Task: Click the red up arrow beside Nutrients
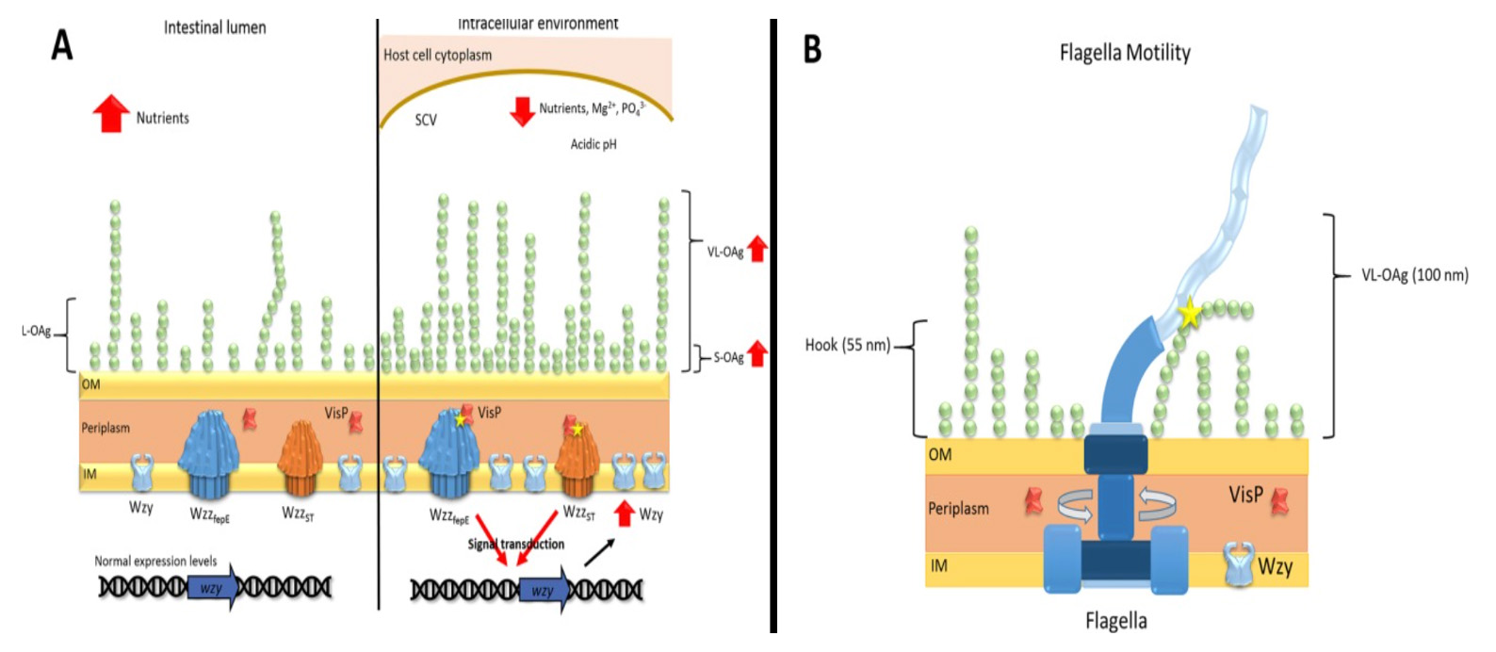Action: pyautogui.click(x=111, y=114)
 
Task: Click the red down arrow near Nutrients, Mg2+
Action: pyautogui.click(x=522, y=110)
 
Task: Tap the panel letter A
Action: pyautogui.click(x=62, y=44)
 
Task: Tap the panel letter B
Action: pyautogui.click(x=812, y=48)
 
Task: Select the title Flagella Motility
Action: pyautogui.click(x=1125, y=53)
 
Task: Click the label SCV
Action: pyautogui.click(x=426, y=121)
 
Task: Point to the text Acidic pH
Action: pyautogui.click(x=594, y=144)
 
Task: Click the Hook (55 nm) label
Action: pyautogui.click(x=847, y=345)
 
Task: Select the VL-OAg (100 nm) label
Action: pyautogui.click(x=1414, y=275)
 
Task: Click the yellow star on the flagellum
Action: pyautogui.click(x=1190, y=313)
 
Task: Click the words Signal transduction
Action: pyautogui.click(x=516, y=544)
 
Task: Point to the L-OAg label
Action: pyautogui.click(x=36, y=332)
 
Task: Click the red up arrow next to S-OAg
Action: pyautogui.click(x=756, y=355)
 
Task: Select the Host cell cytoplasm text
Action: pyautogui.click(x=437, y=55)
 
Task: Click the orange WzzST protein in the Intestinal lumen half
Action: pyautogui.click(x=301, y=458)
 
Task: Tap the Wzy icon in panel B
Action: pyautogui.click(x=1239, y=563)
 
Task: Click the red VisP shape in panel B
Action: pyautogui.click(x=1279, y=499)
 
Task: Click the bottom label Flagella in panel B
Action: pyautogui.click(x=1115, y=621)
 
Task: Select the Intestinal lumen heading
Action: pyautogui.click(x=215, y=27)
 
